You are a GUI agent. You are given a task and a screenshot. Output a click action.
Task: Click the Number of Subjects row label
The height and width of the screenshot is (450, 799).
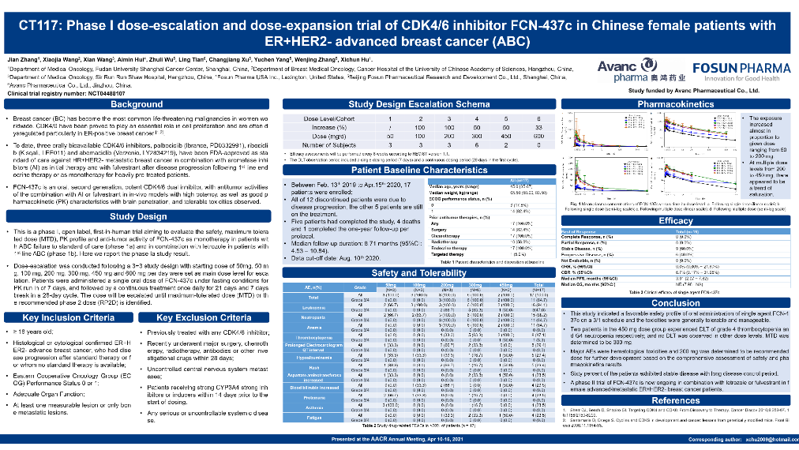point(336,144)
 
